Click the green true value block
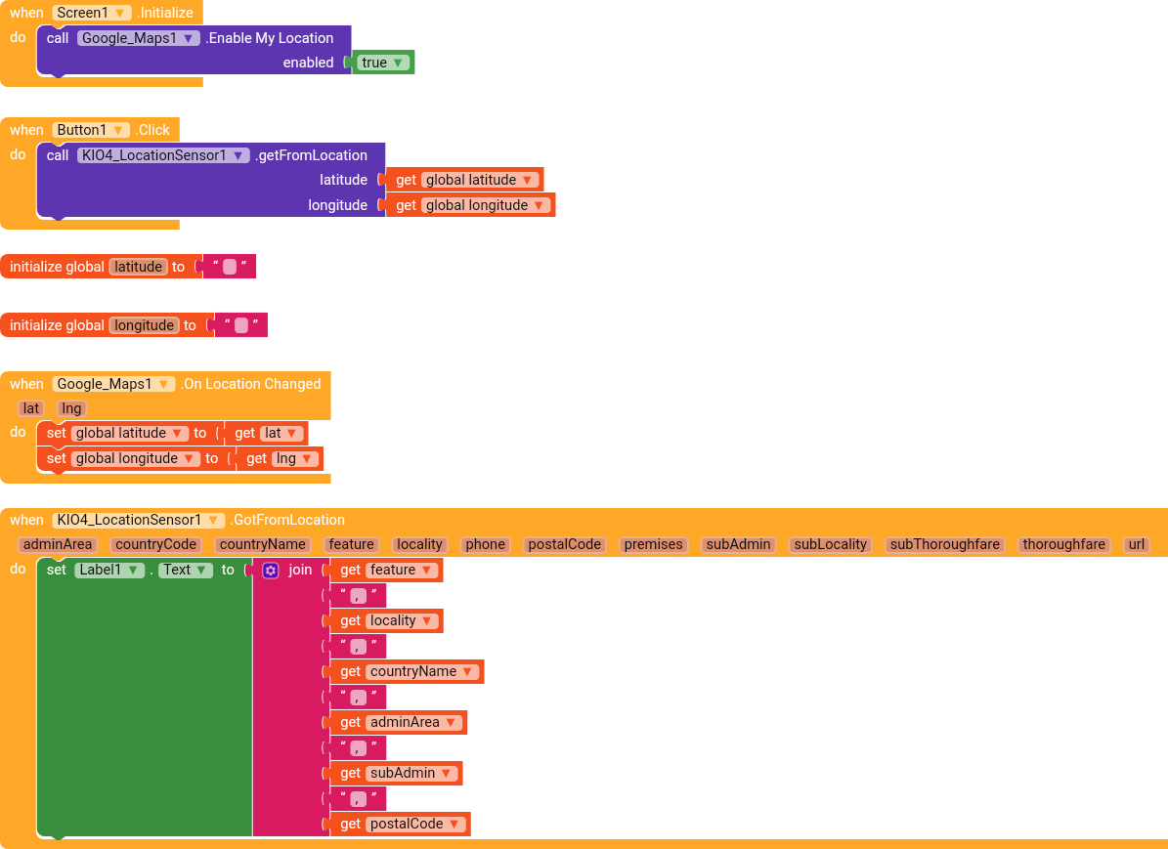point(382,63)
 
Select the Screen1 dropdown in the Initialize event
point(92,13)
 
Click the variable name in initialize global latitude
point(138,267)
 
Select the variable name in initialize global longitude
point(144,325)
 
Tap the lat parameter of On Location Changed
point(31,408)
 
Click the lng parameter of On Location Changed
point(71,408)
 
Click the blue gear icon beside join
point(271,570)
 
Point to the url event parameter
point(1135,544)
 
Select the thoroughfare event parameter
point(1063,544)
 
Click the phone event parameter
point(485,544)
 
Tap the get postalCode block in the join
point(400,824)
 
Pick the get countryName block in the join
point(407,671)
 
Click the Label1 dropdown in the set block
point(108,570)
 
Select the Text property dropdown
point(185,570)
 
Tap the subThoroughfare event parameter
point(944,544)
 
